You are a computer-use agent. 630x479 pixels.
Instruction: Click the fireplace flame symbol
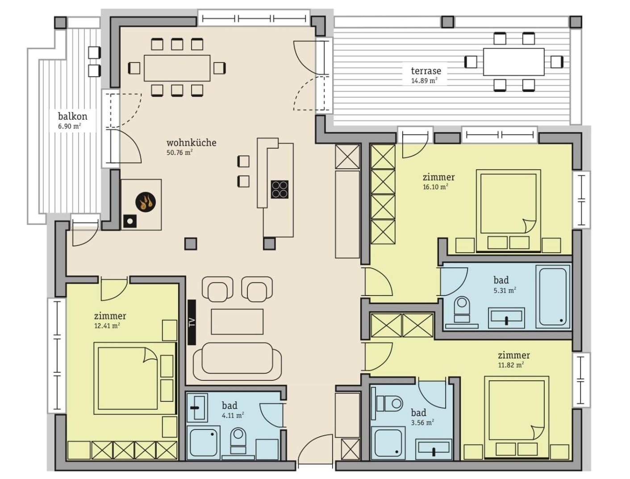[x=145, y=202]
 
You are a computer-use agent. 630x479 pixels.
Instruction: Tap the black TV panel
[x=192, y=322]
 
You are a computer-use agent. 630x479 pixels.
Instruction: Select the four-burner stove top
[x=280, y=190]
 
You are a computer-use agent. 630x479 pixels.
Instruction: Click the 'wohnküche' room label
[x=192, y=143]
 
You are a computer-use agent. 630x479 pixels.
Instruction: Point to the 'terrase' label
[x=426, y=71]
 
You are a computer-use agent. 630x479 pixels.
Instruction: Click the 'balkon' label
[x=73, y=117]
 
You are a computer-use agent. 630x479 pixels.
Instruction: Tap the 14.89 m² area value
[x=425, y=80]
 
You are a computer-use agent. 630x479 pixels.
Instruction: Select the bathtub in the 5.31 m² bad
[x=552, y=296]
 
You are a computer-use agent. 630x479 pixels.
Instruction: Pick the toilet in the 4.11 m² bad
[x=238, y=440]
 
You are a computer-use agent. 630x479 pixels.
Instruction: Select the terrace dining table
[x=514, y=62]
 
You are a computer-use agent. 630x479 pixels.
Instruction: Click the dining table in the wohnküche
[x=177, y=68]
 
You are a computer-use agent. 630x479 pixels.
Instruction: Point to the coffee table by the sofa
[x=237, y=321]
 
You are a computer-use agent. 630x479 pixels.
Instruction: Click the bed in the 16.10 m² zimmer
[x=508, y=210]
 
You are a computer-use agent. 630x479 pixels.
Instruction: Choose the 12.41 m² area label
[x=107, y=326]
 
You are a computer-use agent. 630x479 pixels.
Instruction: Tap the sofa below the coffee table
[x=237, y=361]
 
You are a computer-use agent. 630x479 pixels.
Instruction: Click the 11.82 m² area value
[x=511, y=365]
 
